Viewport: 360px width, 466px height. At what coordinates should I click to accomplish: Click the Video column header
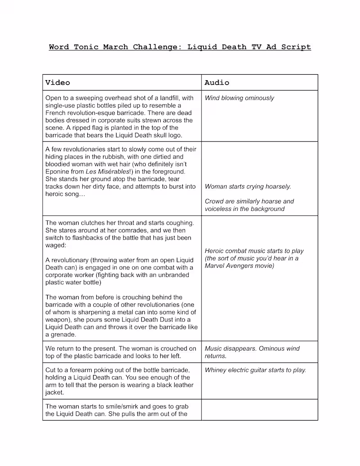point(58,82)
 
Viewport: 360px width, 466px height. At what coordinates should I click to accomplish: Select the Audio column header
point(217,82)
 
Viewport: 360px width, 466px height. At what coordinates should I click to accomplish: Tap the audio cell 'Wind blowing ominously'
point(239,98)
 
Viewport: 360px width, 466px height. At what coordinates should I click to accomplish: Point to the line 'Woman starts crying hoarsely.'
point(248,186)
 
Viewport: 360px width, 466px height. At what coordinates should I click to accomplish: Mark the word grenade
point(65,335)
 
